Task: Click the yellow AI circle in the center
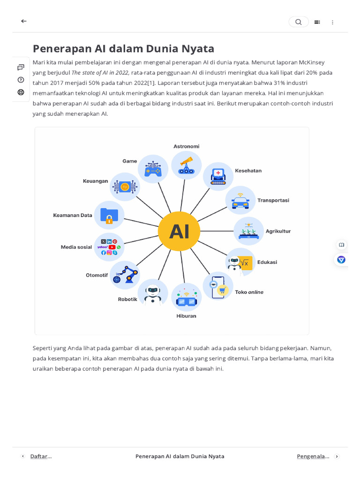(x=179, y=231)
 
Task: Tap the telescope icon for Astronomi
(x=186, y=165)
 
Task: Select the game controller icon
(x=153, y=169)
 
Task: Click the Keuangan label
(x=96, y=181)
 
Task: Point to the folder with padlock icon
(x=109, y=215)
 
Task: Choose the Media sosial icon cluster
(x=109, y=247)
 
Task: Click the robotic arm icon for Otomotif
(x=125, y=275)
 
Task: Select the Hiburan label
(x=186, y=316)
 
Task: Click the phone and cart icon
(x=218, y=286)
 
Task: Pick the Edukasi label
(x=267, y=262)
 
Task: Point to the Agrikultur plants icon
(x=248, y=231)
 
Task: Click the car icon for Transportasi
(x=240, y=201)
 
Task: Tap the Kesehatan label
(x=248, y=171)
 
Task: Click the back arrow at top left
(x=24, y=21)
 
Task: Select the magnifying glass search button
(x=299, y=22)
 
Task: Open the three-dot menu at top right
(x=333, y=22)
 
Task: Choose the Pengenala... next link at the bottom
(x=313, y=456)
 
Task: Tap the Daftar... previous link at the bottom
(x=41, y=456)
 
